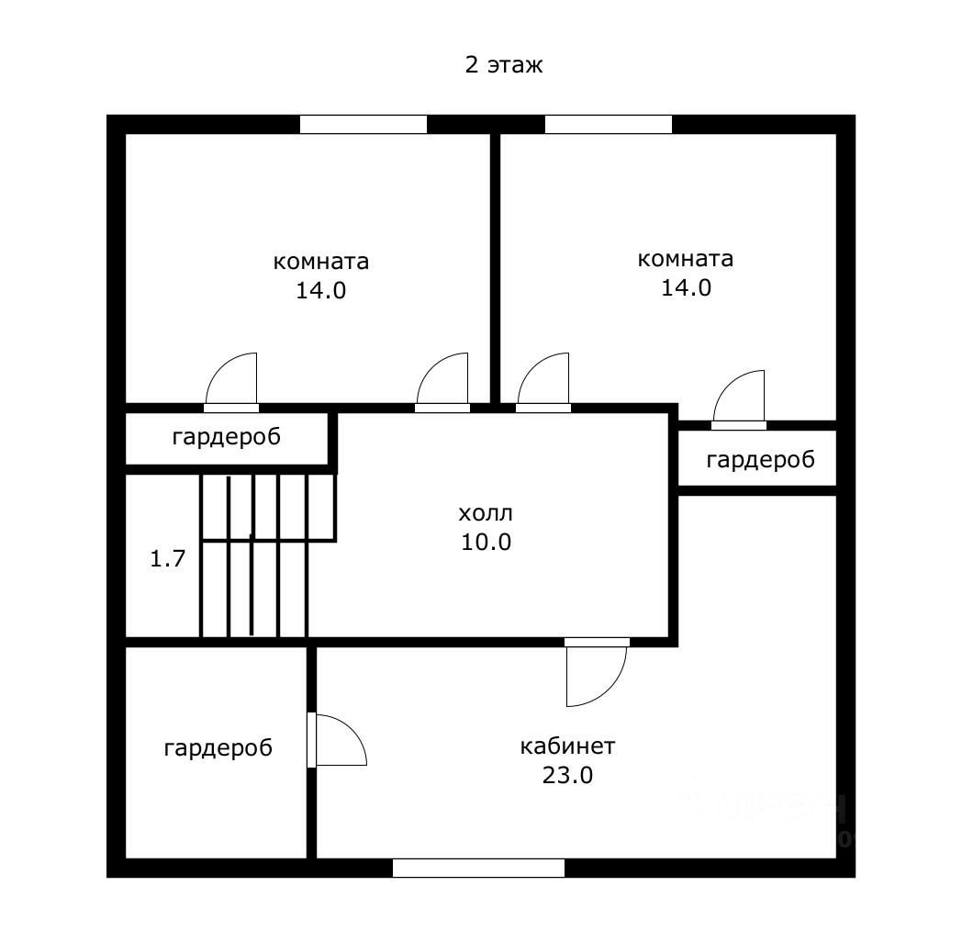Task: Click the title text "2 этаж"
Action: pyautogui.click(x=504, y=65)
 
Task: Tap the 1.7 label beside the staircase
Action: pyautogui.click(x=168, y=557)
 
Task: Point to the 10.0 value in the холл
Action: pyautogui.click(x=487, y=542)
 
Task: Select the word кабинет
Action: pyautogui.click(x=567, y=746)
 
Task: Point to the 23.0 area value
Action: pyautogui.click(x=567, y=775)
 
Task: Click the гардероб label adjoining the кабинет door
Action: pyautogui.click(x=218, y=748)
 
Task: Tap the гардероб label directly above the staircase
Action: pyautogui.click(x=226, y=437)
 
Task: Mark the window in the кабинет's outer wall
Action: pyautogui.click(x=478, y=868)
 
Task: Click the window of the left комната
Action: pyautogui.click(x=364, y=124)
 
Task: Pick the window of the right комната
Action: pyautogui.click(x=608, y=124)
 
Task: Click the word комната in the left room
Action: pyautogui.click(x=321, y=262)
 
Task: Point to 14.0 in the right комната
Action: pyautogui.click(x=686, y=287)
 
